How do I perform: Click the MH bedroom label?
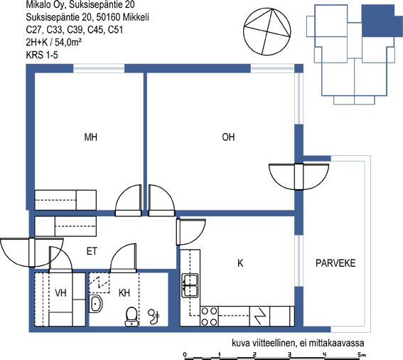(91, 137)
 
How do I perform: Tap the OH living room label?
(228, 137)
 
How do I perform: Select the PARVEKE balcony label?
(335, 263)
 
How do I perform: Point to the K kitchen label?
(240, 263)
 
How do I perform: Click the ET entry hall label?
(92, 251)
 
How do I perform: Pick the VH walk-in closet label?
(60, 292)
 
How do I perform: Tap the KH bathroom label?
(124, 292)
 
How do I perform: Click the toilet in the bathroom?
(131, 317)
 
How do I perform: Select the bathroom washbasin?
(96, 304)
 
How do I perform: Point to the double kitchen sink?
(190, 285)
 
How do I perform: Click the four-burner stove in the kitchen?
(209, 317)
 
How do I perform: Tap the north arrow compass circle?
(267, 31)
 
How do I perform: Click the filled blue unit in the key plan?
(378, 21)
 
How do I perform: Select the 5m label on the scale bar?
(362, 354)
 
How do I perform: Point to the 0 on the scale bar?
(185, 354)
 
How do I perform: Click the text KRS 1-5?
(42, 55)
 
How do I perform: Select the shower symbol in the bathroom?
(154, 317)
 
